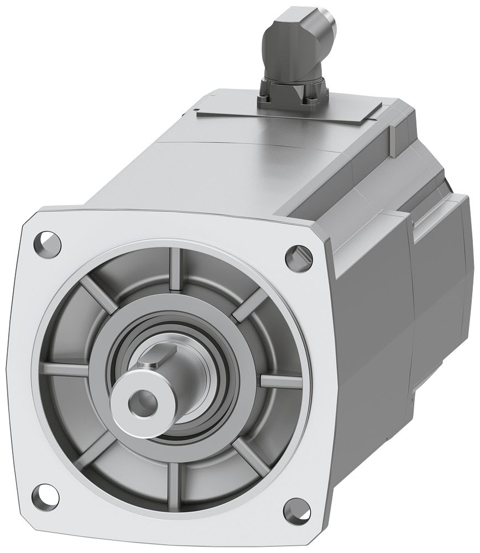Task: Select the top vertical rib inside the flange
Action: tap(176, 268)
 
